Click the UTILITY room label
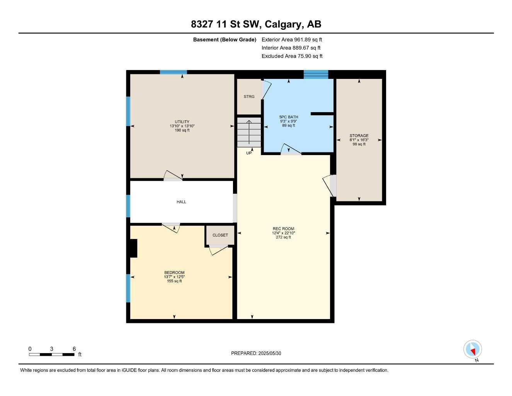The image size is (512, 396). (182, 122)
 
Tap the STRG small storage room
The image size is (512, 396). (249, 97)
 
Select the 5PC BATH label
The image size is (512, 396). (289, 117)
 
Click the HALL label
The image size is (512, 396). (181, 202)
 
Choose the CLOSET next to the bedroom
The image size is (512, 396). (220, 235)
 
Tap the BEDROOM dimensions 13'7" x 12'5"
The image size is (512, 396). (174, 277)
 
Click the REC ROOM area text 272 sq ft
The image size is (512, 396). (283, 237)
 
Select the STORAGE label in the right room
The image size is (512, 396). (359, 136)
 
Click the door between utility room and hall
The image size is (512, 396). (172, 176)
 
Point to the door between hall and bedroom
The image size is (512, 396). (171, 227)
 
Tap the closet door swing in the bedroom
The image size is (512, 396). (218, 250)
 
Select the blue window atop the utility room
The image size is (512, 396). (174, 72)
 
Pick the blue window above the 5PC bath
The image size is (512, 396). (316, 74)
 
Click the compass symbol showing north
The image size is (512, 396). (473, 350)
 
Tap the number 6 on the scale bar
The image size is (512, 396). (74, 349)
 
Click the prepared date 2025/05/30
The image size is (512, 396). (270, 353)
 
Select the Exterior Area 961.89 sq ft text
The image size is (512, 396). (292, 39)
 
